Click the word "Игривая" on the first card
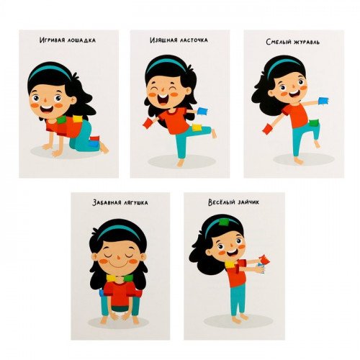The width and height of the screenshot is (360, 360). [52, 40]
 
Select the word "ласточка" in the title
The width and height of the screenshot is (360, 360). [193, 40]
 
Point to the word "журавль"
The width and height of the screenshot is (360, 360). [306, 42]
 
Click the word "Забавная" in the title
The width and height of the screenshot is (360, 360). [107, 202]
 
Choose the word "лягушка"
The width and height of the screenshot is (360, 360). [135, 203]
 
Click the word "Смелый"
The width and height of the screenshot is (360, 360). [278, 42]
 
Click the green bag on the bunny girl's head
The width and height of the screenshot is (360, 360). [224, 222]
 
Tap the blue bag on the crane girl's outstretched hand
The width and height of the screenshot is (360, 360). [324, 101]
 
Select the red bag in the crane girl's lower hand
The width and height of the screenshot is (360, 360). [268, 128]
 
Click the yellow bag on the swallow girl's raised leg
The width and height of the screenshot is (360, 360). [197, 128]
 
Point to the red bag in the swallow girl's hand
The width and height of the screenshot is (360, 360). [148, 123]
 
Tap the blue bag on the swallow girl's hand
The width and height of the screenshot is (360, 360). [202, 112]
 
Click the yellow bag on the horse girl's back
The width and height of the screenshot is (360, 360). [78, 119]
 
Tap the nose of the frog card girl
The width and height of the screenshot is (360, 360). [117, 259]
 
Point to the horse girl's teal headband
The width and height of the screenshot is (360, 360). [50, 71]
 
